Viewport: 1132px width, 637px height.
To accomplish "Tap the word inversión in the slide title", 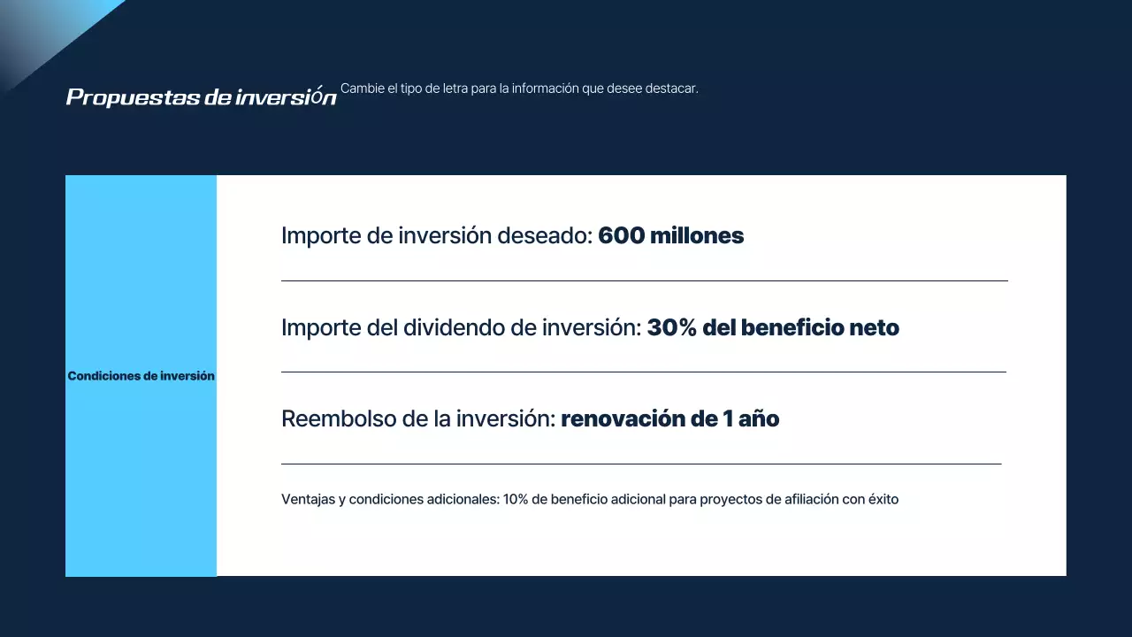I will point(286,97).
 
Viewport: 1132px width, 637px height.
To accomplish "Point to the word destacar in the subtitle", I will point(672,88).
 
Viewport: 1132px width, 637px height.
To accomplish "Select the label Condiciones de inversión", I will point(141,376).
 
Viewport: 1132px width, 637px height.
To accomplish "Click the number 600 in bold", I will point(621,236).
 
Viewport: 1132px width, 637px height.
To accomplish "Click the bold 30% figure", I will point(672,328).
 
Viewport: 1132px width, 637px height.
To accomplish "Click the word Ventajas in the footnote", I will point(307,500).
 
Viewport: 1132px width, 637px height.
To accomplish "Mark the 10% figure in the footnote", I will point(516,500).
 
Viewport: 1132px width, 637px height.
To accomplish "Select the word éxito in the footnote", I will point(882,500).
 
